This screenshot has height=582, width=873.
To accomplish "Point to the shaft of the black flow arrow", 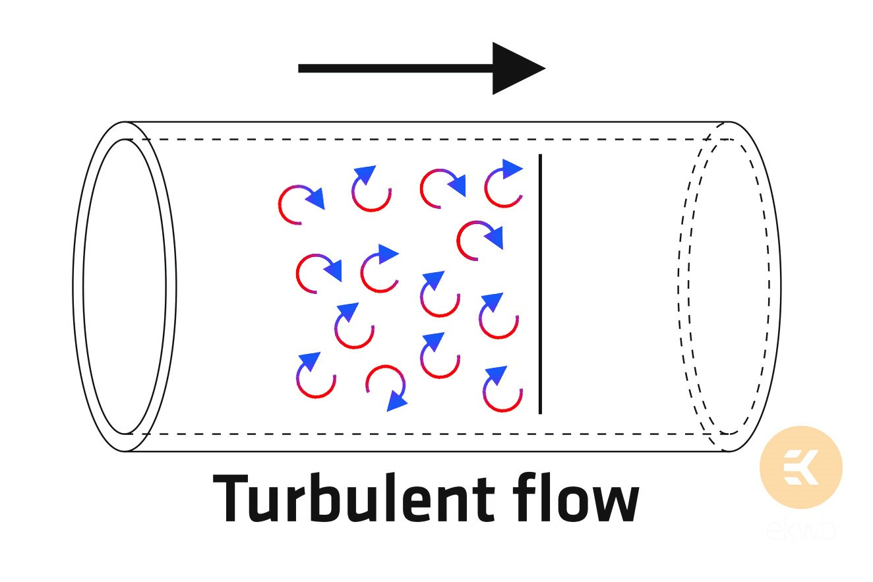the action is point(396,69).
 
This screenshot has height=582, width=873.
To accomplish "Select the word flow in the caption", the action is point(576,498).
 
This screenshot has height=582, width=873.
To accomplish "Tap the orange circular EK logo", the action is point(801,467).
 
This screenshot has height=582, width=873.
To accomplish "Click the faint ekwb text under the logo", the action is point(801,530).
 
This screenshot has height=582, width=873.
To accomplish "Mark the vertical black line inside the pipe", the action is point(540,284).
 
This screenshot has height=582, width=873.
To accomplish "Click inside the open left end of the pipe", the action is point(125,286).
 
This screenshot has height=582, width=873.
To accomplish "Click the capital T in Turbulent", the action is point(231,498).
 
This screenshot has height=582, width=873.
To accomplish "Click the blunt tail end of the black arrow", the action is point(299,69).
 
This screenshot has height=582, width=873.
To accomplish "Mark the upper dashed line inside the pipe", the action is point(429,139).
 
